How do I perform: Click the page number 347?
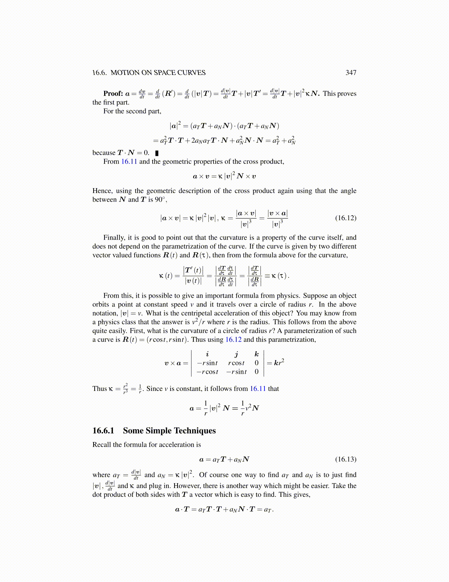(x=351, y=73)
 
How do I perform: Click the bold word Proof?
(x=113, y=93)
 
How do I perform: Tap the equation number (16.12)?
(x=346, y=218)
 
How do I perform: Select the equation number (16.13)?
(x=346, y=459)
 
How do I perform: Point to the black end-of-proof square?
(x=157, y=153)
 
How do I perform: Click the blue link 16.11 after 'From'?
(x=129, y=162)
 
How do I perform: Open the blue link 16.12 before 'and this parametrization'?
(x=233, y=339)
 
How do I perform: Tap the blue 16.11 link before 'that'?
(x=258, y=389)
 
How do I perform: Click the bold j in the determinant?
(x=237, y=354)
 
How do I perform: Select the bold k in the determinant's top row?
(x=256, y=354)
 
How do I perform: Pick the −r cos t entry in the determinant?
(x=207, y=372)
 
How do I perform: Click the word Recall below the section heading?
(x=102, y=445)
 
